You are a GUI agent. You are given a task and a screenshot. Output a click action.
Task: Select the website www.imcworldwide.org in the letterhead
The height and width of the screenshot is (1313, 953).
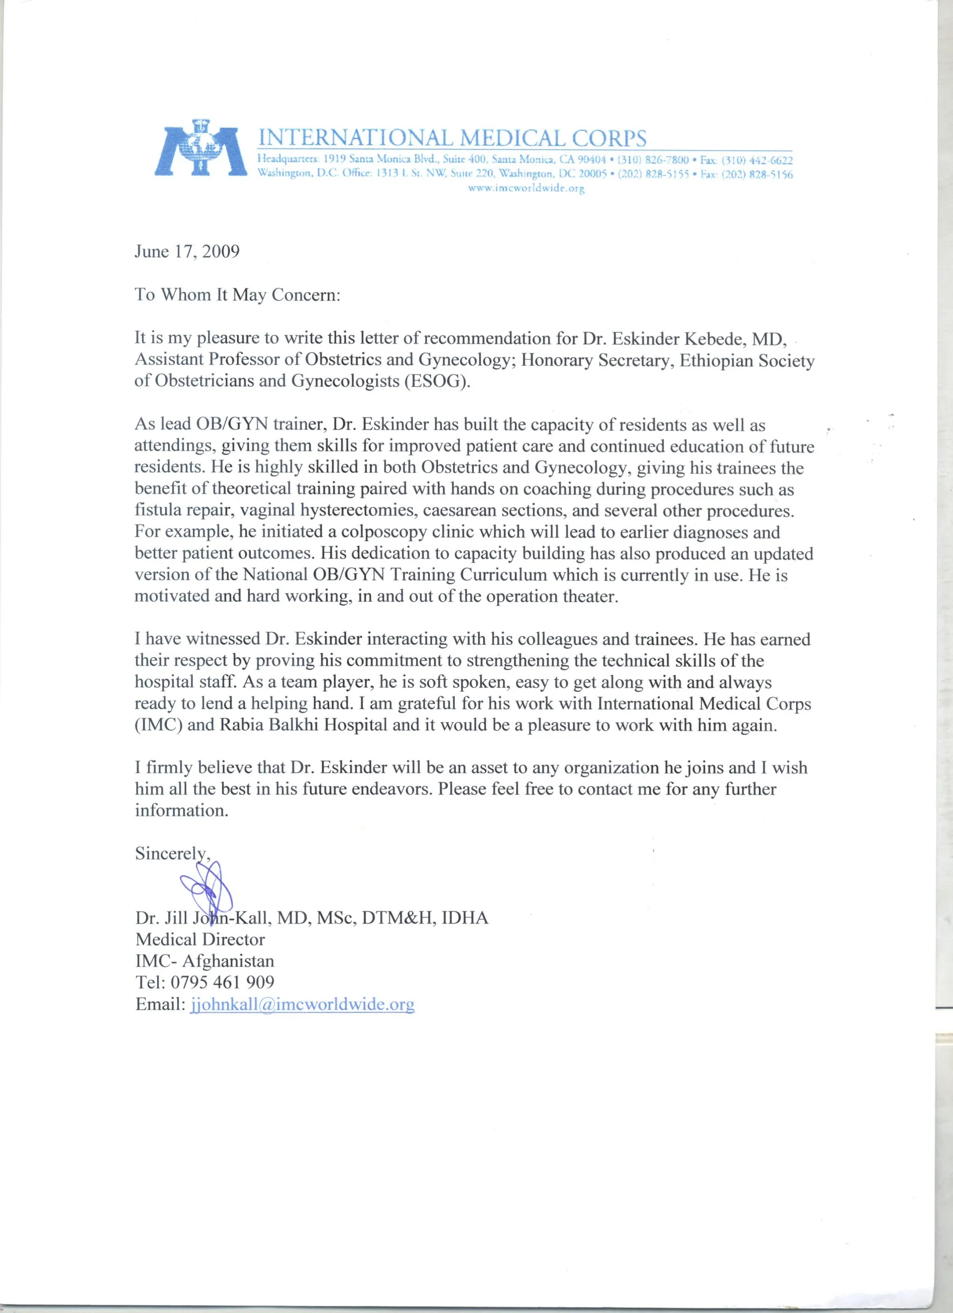526,188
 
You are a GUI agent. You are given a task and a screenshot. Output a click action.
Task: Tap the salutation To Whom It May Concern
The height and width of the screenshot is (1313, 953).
237,295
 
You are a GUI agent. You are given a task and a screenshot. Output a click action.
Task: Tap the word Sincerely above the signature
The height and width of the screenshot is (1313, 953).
171,853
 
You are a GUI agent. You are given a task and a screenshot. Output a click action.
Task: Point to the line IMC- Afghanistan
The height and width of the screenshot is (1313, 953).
204,961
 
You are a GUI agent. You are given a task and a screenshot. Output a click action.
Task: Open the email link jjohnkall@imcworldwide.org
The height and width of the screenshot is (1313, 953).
302,1004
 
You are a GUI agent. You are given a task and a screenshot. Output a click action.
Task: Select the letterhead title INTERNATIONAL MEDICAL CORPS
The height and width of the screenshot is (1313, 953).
451,138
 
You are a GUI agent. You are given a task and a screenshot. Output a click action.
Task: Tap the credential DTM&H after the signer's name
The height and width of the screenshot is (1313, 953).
399,918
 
